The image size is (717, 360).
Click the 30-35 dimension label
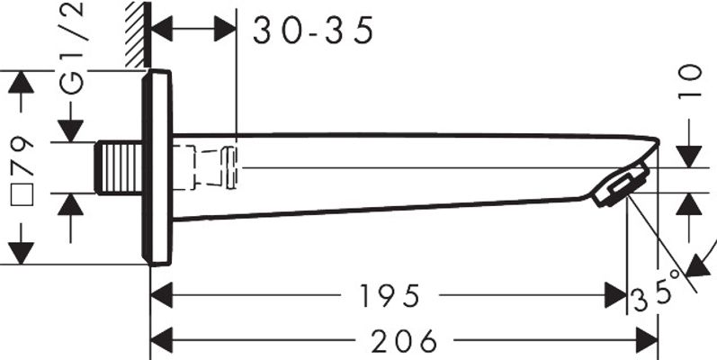[313, 31]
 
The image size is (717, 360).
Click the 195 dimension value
[390, 295]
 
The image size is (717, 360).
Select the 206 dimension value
[404, 341]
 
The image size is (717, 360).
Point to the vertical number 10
[690, 81]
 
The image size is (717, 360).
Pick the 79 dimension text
[22, 156]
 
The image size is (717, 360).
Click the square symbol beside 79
[22, 194]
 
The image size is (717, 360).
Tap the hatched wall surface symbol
[138, 34]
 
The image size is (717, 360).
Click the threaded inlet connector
[119, 167]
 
